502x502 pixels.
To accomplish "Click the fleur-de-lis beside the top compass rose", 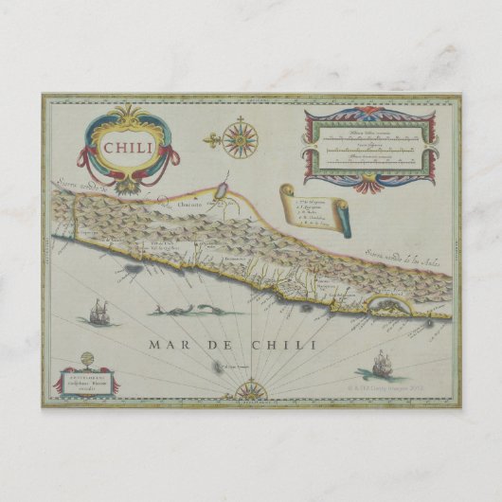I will click(x=213, y=141).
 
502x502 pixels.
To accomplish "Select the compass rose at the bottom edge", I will click(x=251, y=388).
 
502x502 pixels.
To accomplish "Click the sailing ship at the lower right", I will click(x=383, y=364).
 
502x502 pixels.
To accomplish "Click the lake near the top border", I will click(x=219, y=192).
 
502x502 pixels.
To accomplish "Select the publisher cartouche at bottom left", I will click(x=87, y=383).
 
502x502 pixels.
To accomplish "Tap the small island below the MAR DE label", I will click(x=214, y=367).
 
